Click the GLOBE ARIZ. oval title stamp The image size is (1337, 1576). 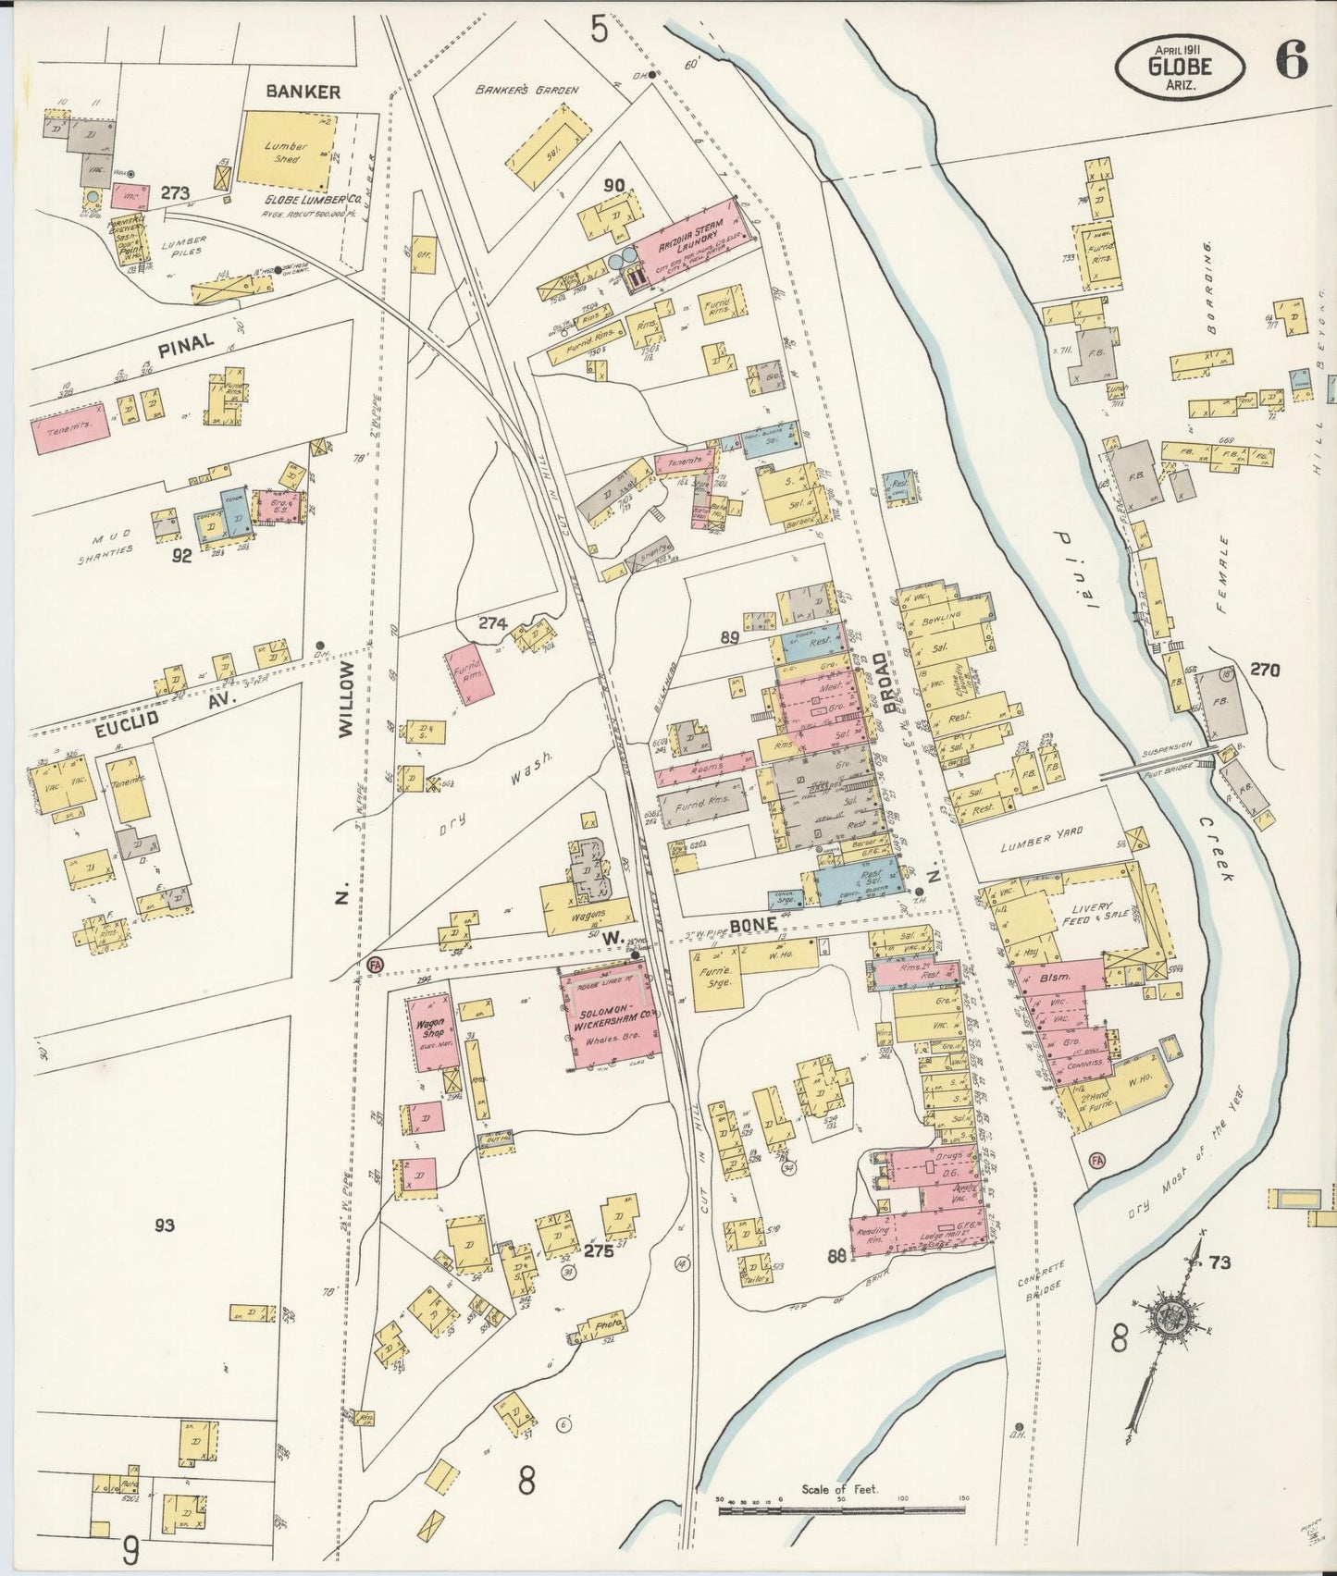click(x=1180, y=65)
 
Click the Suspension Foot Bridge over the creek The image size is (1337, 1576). click(x=1157, y=763)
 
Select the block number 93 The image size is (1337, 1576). click(x=165, y=1225)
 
